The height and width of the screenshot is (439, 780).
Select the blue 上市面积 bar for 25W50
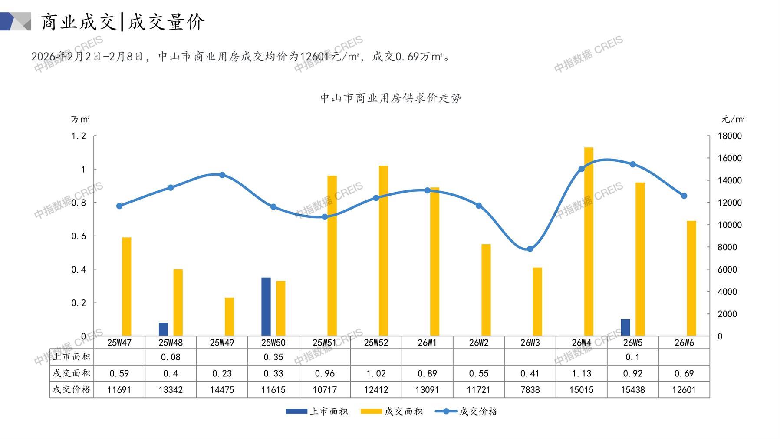tap(266, 306)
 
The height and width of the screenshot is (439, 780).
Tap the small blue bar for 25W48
tap(163, 329)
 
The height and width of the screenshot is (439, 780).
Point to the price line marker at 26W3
tap(530, 249)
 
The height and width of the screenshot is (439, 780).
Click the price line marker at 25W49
tap(222, 175)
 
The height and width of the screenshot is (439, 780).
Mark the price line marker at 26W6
tap(684, 196)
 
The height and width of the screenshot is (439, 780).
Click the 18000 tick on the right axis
tap(730, 136)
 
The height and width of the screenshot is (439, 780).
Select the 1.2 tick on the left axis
tap(79, 136)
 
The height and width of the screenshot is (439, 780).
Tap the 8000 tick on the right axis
tap(727, 247)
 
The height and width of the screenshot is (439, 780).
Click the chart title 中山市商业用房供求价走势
tap(390, 98)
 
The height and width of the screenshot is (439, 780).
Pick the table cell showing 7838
tap(530, 390)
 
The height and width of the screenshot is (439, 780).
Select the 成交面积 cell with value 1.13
tap(581, 373)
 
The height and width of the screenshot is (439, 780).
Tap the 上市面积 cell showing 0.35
tap(273, 357)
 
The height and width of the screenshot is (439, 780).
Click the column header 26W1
tap(427, 343)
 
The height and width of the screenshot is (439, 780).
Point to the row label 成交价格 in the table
tap(72, 389)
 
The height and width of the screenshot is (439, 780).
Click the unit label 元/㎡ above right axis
tap(733, 119)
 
